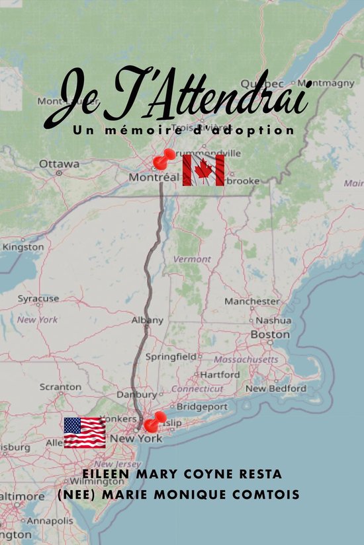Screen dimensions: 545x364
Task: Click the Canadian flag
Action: pyautogui.click(x=203, y=170)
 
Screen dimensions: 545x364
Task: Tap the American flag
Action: pyautogui.click(x=85, y=433)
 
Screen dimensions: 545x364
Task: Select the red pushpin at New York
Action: pyautogui.click(x=155, y=421)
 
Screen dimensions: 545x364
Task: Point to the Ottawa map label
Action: pyautogui.click(x=59, y=164)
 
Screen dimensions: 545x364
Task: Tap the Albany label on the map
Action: pyautogui.click(x=147, y=320)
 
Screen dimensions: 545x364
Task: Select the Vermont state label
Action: pyautogui.click(x=192, y=260)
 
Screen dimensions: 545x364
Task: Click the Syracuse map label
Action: pyautogui.click(x=38, y=299)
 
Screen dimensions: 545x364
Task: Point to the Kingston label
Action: pyautogui.click(x=23, y=247)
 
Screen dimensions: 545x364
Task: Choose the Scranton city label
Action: pyautogui.click(x=60, y=386)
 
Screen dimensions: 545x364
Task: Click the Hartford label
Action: pyautogui.click(x=220, y=375)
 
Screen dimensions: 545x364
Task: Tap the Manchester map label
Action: pyautogui.click(x=251, y=301)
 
